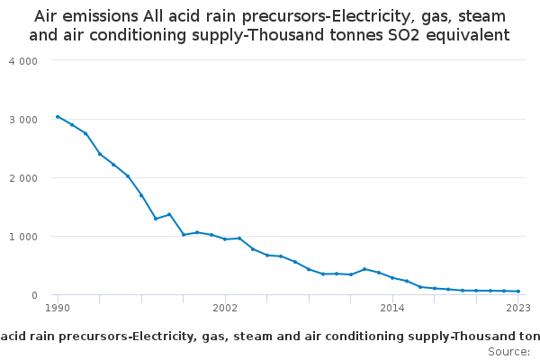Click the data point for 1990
pos(58,116)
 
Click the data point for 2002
pos(225,239)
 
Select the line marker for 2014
pos(392,277)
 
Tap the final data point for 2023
pos(518,292)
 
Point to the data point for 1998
pos(169,214)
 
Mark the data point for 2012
pos(364,269)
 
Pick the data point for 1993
pos(100,154)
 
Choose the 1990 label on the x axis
pos(58,309)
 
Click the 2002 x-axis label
pos(225,309)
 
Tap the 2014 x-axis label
pos(392,309)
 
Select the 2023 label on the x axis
pos(518,309)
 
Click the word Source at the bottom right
pos(508,351)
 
